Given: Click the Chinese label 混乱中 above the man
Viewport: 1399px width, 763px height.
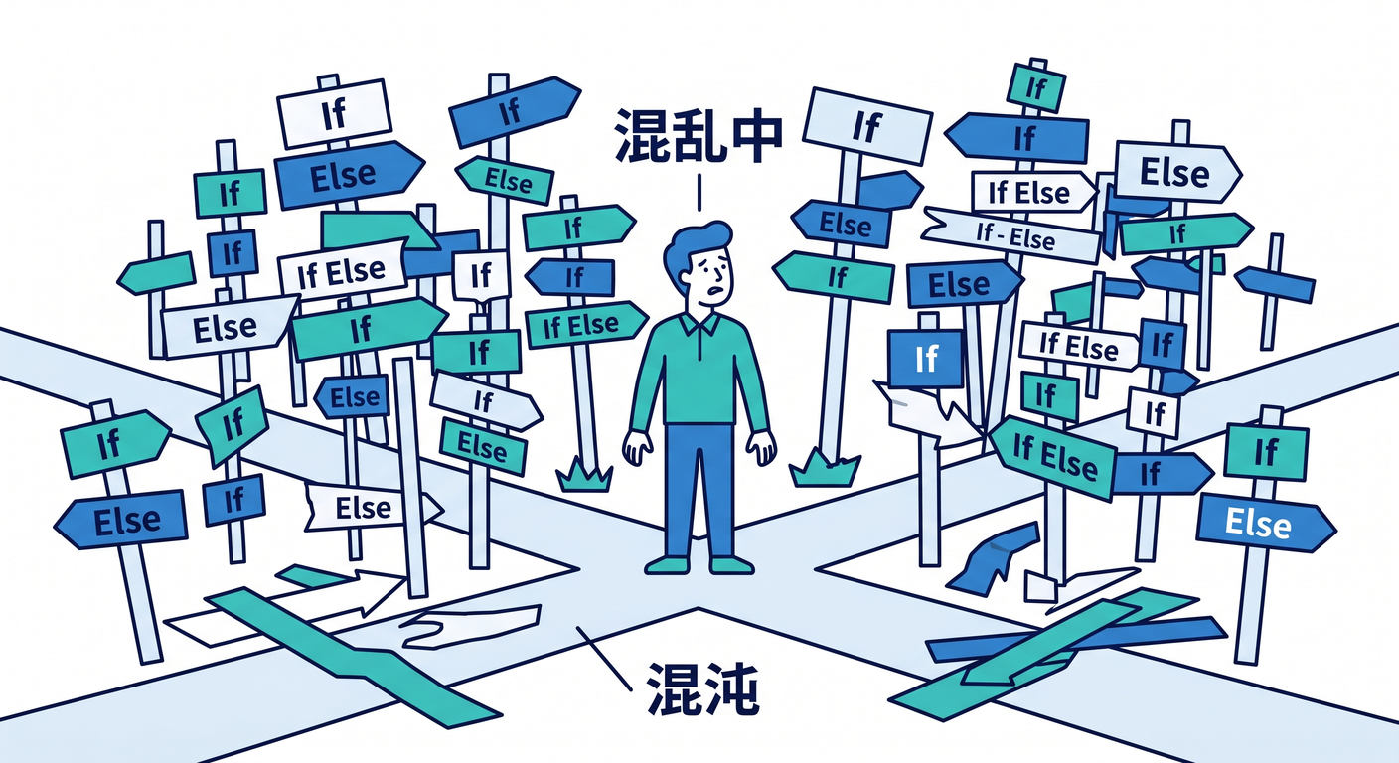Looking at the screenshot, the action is click(x=699, y=135).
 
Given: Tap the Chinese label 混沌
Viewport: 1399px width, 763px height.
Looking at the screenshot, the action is click(x=702, y=688).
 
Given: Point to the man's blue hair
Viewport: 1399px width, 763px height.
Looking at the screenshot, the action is click(x=696, y=246).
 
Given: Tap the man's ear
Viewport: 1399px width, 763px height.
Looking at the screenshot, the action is click(x=684, y=276).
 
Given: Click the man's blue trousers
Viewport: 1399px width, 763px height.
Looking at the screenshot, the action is click(x=699, y=490).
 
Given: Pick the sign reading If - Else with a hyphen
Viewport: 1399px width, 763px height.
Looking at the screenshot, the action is click(x=1011, y=235).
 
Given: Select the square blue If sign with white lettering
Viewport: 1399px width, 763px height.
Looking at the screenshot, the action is click(x=926, y=358).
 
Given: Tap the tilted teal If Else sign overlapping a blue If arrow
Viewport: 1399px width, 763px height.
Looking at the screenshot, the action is click(x=1053, y=456).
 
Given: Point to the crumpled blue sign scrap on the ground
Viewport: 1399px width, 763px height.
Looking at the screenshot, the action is click(x=993, y=558).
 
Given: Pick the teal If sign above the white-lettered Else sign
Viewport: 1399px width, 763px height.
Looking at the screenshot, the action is click(x=1266, y=451).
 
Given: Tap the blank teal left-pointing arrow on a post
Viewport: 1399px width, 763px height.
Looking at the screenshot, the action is click(x=156, y=273).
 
